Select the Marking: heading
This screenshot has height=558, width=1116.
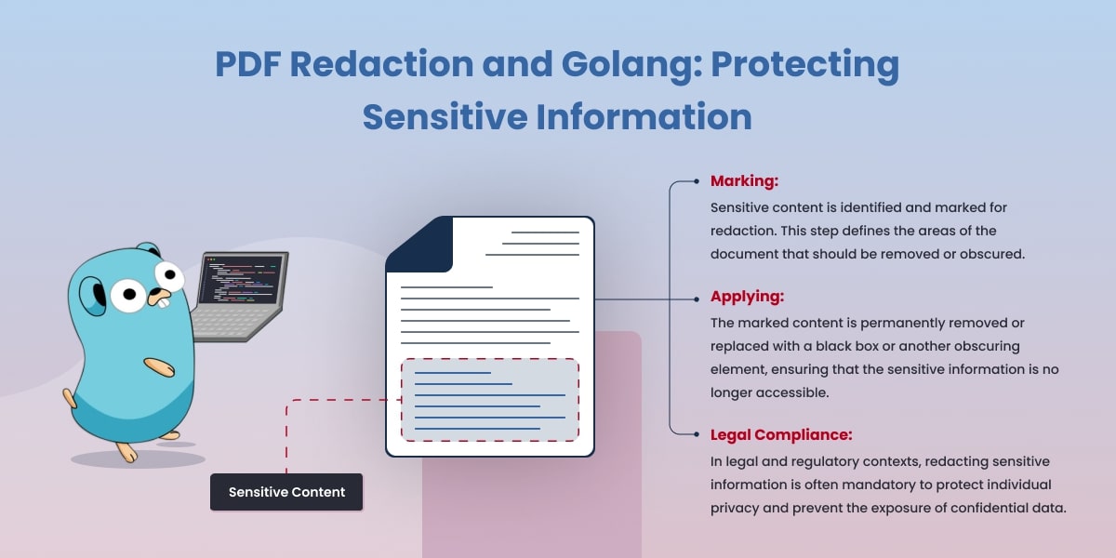(744, 181)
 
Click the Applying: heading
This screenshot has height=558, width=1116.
(747, 298)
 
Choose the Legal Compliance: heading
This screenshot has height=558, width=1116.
(781, 434)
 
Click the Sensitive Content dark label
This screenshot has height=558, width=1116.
(286, 492)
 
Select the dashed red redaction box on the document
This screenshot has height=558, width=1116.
(490, 400)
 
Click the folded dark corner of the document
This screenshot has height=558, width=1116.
(418, 244)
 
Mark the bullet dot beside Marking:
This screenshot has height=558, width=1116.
(697, 181)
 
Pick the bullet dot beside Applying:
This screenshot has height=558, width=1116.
(697, 299)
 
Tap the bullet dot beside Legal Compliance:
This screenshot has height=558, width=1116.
(697, 434)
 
